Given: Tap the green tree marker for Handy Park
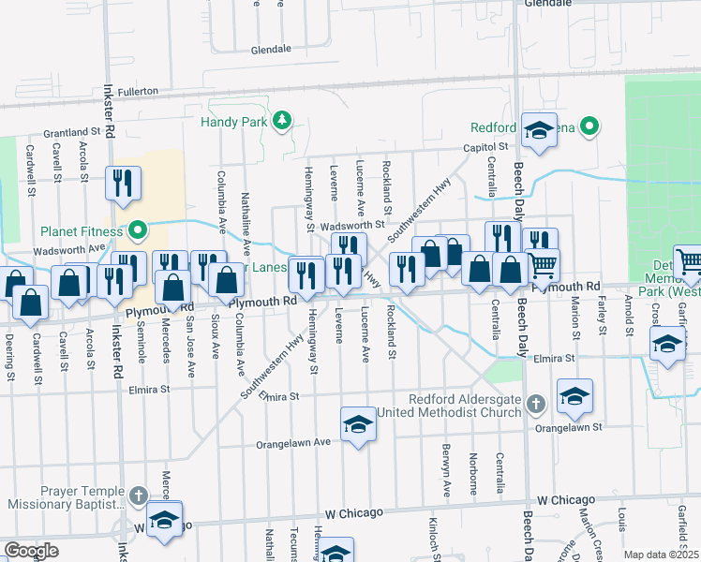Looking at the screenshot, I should pos(280,121).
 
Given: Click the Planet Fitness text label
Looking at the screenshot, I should pos(82,231).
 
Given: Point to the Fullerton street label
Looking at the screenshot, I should pos(139,92).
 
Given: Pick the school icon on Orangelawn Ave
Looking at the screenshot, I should pos(357,425).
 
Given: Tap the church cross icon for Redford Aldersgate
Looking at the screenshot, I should pos(535,404).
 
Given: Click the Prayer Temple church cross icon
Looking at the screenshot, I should pos(138,495).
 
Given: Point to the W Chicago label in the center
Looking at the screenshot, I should pos(353,512).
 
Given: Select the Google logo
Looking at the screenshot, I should pos(31,550).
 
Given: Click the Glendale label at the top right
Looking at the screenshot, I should pos(548,4).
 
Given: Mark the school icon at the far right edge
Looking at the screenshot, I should pos(667,344).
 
